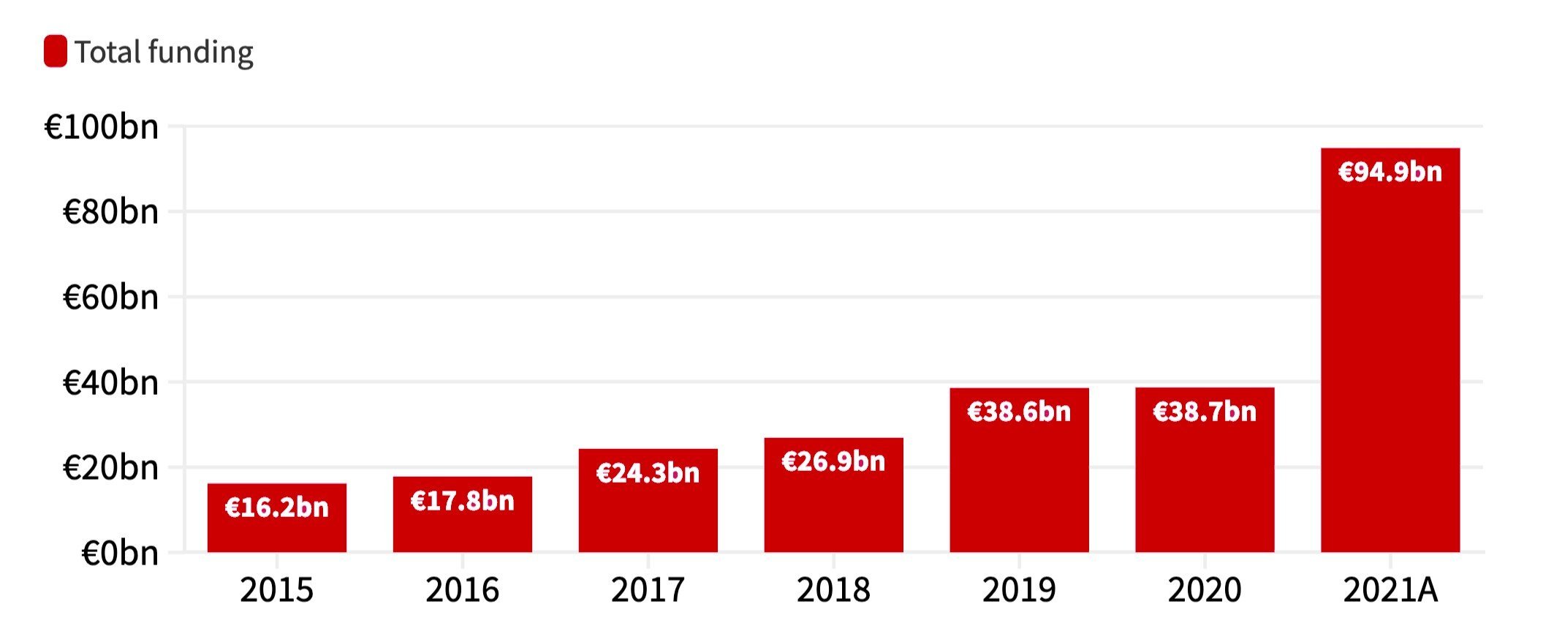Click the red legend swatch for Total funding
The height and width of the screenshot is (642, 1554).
click(x=56, y=51)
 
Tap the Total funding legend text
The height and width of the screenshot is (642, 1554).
click(x=164, y=53)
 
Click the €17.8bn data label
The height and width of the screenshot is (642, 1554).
click(x=462, y=501)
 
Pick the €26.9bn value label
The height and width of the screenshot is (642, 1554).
click(x=833, y=461)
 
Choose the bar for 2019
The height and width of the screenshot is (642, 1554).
click(x=1019, y=483)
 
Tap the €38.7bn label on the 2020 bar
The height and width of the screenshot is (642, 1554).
click(x=1205, y=412)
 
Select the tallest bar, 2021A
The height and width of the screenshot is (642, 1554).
click(x=1390, y=366)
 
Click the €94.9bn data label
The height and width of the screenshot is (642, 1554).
click(x=1390, y=172)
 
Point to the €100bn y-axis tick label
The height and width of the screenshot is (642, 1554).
click(x=102, y=127)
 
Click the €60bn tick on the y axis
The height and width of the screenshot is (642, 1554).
click(x=110, y=298)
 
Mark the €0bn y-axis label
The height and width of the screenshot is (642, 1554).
click(x=120, y=553)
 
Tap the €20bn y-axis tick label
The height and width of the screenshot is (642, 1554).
click(x=110, y=468)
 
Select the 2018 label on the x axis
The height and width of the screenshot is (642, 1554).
click(x=833, y=590)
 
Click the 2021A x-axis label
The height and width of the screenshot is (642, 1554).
click(x=1390, y=590)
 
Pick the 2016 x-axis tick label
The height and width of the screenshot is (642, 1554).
click(x=462, y=590)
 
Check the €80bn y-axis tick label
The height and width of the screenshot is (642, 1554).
click(x=110, y=212)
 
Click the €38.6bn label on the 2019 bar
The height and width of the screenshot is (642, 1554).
click(x=1019, y=412)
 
